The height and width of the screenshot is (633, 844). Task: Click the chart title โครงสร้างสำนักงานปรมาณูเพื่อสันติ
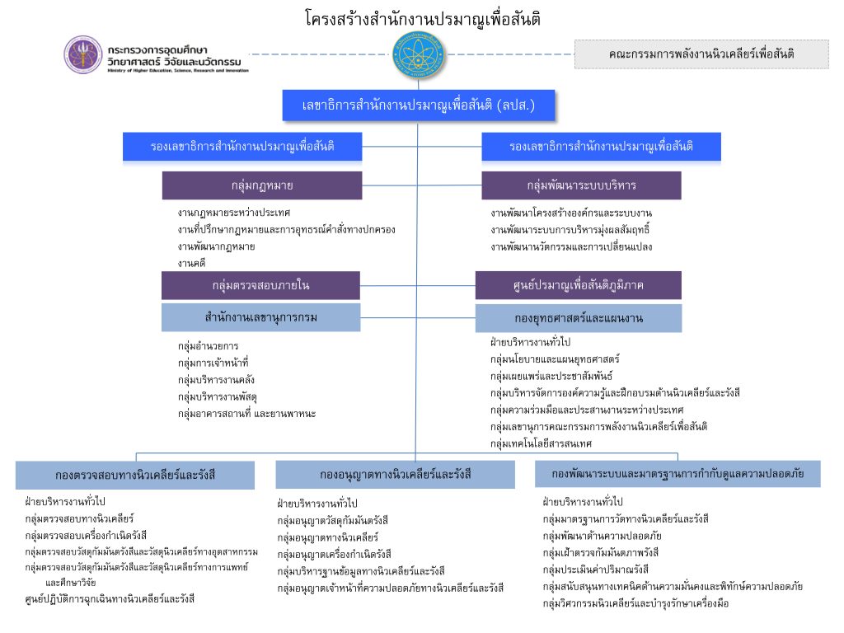pos(422,18)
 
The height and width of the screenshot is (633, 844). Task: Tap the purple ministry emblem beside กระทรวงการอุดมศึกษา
pos(84,54)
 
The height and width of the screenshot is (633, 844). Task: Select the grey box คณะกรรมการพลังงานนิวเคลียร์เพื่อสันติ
pos(701,54)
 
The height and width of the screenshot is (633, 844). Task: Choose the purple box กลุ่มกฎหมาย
pos(261,185)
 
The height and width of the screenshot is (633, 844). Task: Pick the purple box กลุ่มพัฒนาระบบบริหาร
pos(581,185)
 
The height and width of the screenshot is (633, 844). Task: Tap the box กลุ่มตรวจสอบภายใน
pos(260,285)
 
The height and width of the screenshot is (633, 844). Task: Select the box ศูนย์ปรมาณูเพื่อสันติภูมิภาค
pos(578,285)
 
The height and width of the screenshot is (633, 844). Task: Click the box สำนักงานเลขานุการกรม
pos(260,316)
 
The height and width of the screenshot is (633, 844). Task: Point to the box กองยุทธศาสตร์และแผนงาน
pos(578,318)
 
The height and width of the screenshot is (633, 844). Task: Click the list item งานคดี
pos(191,263)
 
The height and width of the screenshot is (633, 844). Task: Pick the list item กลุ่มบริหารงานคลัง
pos(216,380)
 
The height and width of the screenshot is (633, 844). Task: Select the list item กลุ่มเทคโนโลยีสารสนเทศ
pos(542,443)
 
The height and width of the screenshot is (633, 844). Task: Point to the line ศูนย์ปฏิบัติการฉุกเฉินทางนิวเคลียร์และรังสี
pos(110,598)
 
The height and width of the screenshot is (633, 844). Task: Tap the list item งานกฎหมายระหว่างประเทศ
pos(233,213)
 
